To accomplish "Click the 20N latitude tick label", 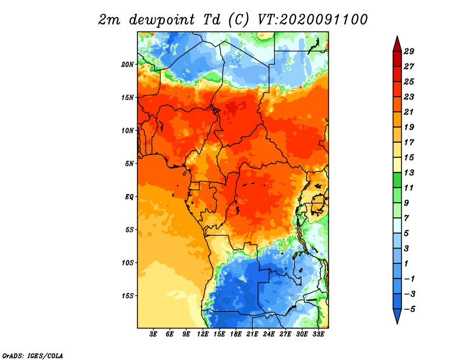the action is (x=128, y=65).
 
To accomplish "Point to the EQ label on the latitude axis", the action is (x=129, y=197).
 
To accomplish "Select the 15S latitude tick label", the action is (x=128, y=296).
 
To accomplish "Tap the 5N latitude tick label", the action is (x=129, y=164).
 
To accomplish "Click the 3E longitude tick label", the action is (x=153, y=334).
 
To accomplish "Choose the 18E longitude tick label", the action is (x=236, y=334).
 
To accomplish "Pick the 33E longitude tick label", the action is (x=318, y=334).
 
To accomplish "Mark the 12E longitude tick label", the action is (x=203, y=334).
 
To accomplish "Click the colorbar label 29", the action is (x=409, y=51).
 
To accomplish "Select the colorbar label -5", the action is (x=409, y=309).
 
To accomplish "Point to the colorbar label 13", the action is (x=409, y=172).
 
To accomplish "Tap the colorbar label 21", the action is (x=409, y=112).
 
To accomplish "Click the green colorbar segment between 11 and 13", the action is (x=397, y=180).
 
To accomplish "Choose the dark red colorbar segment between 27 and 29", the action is (x=397, y=59).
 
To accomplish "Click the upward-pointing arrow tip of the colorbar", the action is (x=397, y=36).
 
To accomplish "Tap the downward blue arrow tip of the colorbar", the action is (x=397, y=324).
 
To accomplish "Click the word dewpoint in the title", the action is (x=162, y=20).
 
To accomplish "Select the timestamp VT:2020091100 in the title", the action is (x=312, y=20).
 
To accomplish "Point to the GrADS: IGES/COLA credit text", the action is (x=33, y=356).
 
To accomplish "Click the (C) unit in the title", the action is (x=238, y=20).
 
